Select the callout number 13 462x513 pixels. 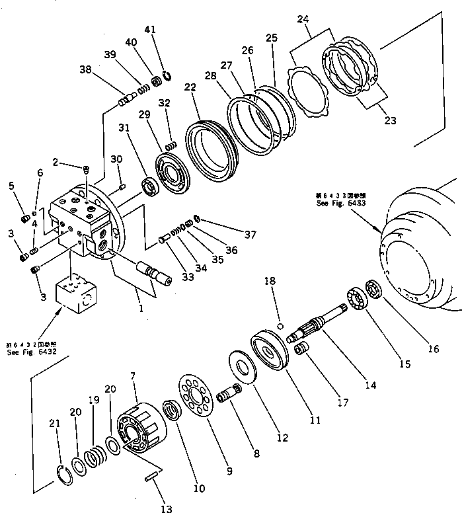coord(167,508)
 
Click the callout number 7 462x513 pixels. coord(134,375)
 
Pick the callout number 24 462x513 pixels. coord(303,20)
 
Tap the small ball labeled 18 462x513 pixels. coord(280,307)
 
